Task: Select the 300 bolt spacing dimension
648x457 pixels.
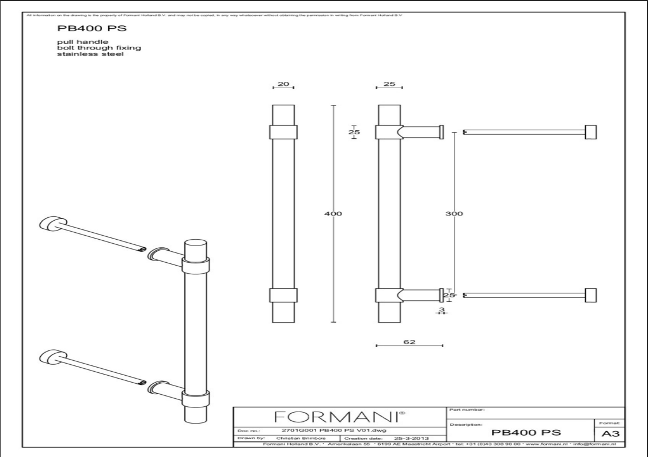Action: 454,214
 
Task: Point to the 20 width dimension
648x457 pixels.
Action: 283,84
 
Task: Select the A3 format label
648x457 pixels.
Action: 612,433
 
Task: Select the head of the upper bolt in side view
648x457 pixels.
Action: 590,131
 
